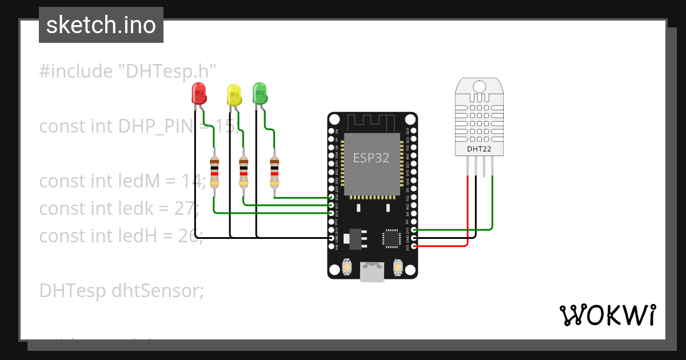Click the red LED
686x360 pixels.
tap(198, 93)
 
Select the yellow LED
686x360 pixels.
tap(234, 94)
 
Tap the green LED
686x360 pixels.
tap(260, 93)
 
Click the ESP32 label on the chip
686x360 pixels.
tap(371, 158)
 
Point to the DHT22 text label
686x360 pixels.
tap(479, 150)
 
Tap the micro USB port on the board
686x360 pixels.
tap(372, 271)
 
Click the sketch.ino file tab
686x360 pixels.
tap(101, 25)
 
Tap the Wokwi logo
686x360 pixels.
tap(607, 315)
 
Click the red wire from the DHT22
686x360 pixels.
tap(469, 211)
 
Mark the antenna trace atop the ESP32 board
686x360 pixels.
tap(371, 122)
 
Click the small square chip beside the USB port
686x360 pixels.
tap(392, 238)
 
